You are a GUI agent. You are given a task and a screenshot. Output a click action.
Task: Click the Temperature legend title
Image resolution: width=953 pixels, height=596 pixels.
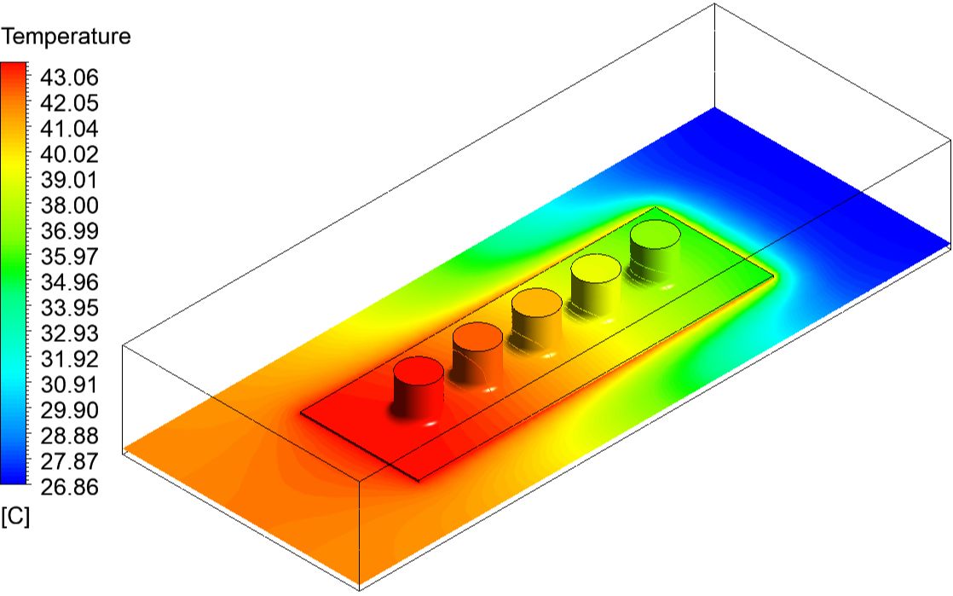pyautogui.click(x=65, y=38)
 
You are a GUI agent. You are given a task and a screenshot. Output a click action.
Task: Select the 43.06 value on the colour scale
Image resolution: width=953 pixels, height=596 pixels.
pyautogui.click(x=69, y=78)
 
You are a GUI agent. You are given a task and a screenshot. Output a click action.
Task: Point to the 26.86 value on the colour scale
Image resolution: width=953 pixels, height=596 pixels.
pyautogui.click(x=69, y=487)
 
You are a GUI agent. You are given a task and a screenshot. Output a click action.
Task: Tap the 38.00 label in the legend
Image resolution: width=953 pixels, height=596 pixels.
pyautogui.click(x=69, y=205)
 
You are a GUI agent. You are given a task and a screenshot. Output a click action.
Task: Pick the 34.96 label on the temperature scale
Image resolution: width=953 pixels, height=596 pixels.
pyautogui.click(x=69, y=282)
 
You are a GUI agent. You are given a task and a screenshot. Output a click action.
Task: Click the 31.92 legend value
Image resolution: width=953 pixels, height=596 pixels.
pyautogui.click(x=69, y=359)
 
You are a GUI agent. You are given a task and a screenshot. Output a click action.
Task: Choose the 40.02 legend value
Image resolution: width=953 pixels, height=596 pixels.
pyautogui.click(x=69, y=154)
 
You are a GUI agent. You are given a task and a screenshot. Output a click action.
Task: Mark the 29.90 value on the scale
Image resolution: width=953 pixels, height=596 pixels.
pyautogui.click(x=69, y=410)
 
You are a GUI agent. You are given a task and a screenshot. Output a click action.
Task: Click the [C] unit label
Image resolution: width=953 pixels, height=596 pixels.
pyautogui.click(x=15, y=517)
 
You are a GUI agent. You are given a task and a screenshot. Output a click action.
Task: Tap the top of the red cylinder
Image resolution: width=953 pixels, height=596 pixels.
pyautogui.click(x=419, y=371)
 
